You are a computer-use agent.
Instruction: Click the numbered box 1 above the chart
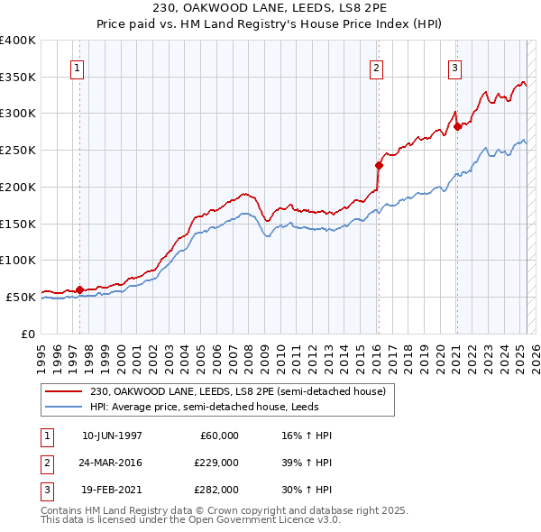(77, 68)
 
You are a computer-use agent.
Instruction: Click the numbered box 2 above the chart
(375, 68)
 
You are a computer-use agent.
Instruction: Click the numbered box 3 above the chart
(455, 68)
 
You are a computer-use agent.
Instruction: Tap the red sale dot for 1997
(80, 289)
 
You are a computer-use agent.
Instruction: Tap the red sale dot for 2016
(379, 165)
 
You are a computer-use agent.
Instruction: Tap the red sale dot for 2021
(457, 126)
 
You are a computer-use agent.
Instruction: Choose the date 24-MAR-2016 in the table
(112, 462)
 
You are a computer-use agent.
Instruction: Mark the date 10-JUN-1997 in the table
(112, 436)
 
